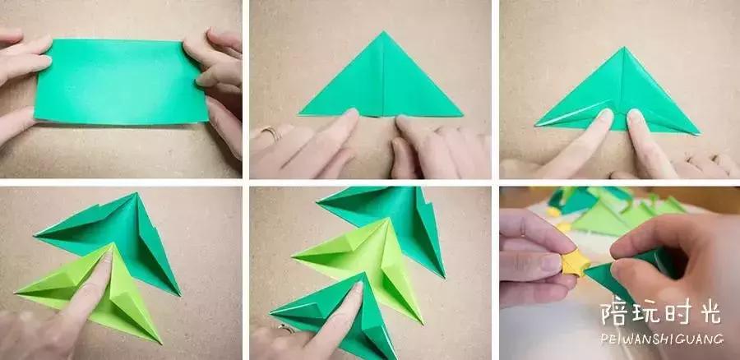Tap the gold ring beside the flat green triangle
coord(271,132)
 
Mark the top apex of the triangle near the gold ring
coord(383,32)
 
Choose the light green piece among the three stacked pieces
coord(363,264)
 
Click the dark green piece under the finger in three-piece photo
coord(340,316)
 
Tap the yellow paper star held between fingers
coord(575,263)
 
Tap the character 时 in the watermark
coord(678,313)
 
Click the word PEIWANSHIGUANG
coord(662,339)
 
